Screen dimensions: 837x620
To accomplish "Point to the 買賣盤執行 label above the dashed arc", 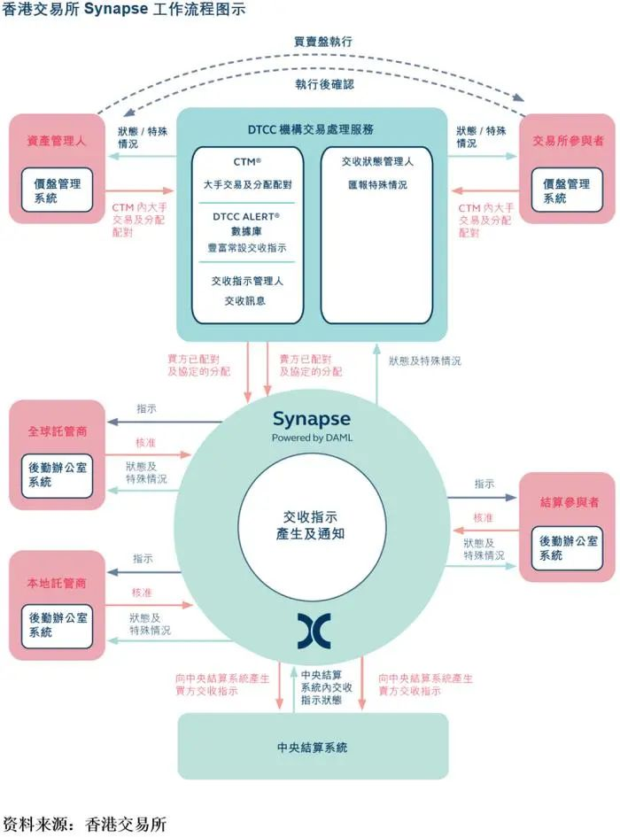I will pos(323,42).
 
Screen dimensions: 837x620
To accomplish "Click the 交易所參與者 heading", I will pos(567,141).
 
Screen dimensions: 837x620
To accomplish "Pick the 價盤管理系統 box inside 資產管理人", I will pos(58,190).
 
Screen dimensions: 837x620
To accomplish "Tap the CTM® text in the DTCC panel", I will pos(248,163).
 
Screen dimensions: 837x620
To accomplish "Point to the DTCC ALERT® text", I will pos(247,216).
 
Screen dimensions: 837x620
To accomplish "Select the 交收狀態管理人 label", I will pos(377,163).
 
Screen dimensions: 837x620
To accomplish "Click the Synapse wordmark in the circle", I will pos(312,419).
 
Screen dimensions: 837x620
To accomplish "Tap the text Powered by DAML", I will pos(311,438).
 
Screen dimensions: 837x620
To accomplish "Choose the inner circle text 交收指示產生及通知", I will pos(310,525).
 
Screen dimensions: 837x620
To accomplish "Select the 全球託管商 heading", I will pos(57,432).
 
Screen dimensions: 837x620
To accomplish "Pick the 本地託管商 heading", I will pos(57,584).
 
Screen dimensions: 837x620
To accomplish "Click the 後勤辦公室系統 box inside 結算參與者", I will pos(568,547).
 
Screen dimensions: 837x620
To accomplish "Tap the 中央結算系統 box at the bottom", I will pos(312,748).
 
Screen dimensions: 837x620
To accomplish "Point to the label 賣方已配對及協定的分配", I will pos(306,366).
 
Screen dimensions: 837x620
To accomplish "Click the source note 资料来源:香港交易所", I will pos(85,824).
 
